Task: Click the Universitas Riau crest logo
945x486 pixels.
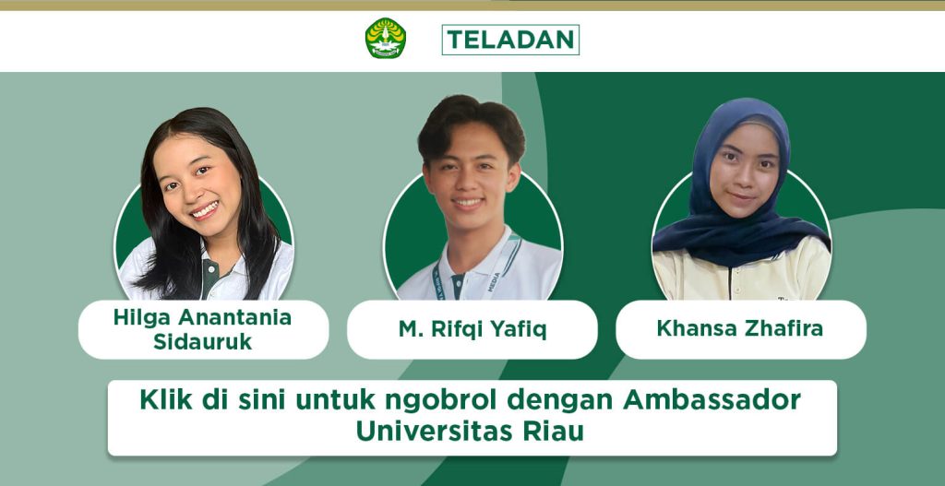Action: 386,38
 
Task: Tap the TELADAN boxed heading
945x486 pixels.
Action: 510,40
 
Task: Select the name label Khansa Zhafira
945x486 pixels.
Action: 740,329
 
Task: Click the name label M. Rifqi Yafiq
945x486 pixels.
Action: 472,329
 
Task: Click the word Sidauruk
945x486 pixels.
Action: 202,341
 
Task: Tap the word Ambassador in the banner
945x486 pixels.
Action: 712,400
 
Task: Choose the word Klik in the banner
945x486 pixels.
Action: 166,400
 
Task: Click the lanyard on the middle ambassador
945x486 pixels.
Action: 476,268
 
